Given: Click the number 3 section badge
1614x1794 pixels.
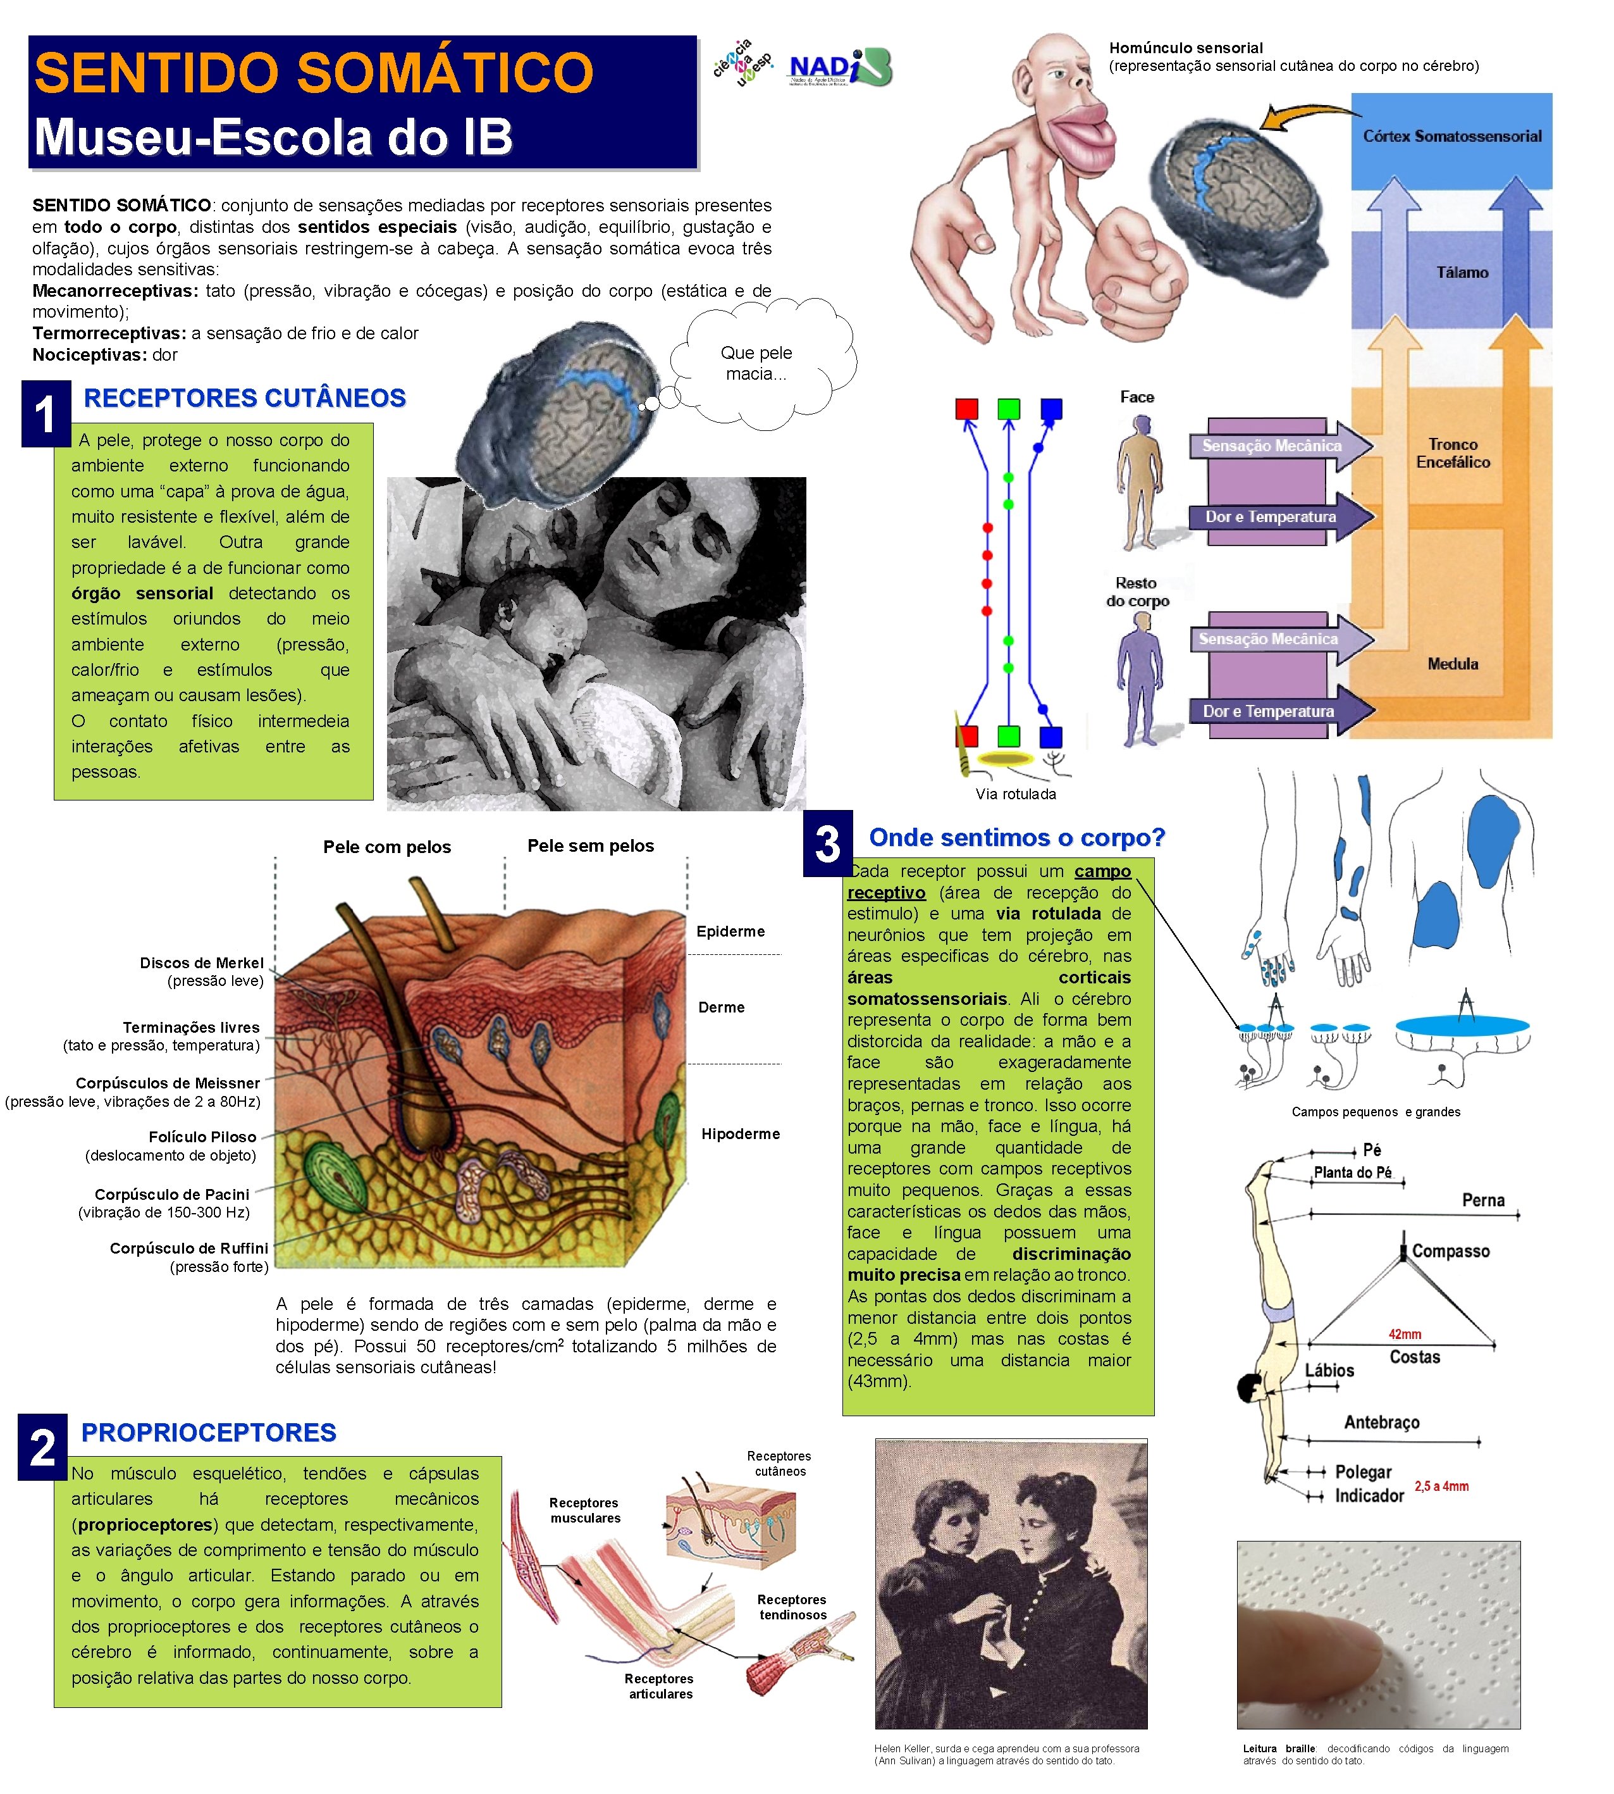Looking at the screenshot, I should coord(827,843).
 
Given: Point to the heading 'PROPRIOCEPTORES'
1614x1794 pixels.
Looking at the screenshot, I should coord(209,1432).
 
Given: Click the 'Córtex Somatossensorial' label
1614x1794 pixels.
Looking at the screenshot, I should coord(1451,137).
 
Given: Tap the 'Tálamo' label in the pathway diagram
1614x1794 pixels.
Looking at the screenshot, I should coord(1462,272).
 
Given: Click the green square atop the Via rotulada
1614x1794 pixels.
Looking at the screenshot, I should coord(1008,409).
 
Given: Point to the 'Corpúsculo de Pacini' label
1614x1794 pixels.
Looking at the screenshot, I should coord(172,1194).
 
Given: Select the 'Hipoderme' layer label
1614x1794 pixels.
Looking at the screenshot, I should coord(741,1134).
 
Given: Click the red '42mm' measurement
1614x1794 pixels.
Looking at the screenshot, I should coord(1405,1333).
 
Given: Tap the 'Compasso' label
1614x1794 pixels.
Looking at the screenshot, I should coord(1451,1251).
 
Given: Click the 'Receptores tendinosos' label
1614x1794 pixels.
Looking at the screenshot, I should coord(792,1607).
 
